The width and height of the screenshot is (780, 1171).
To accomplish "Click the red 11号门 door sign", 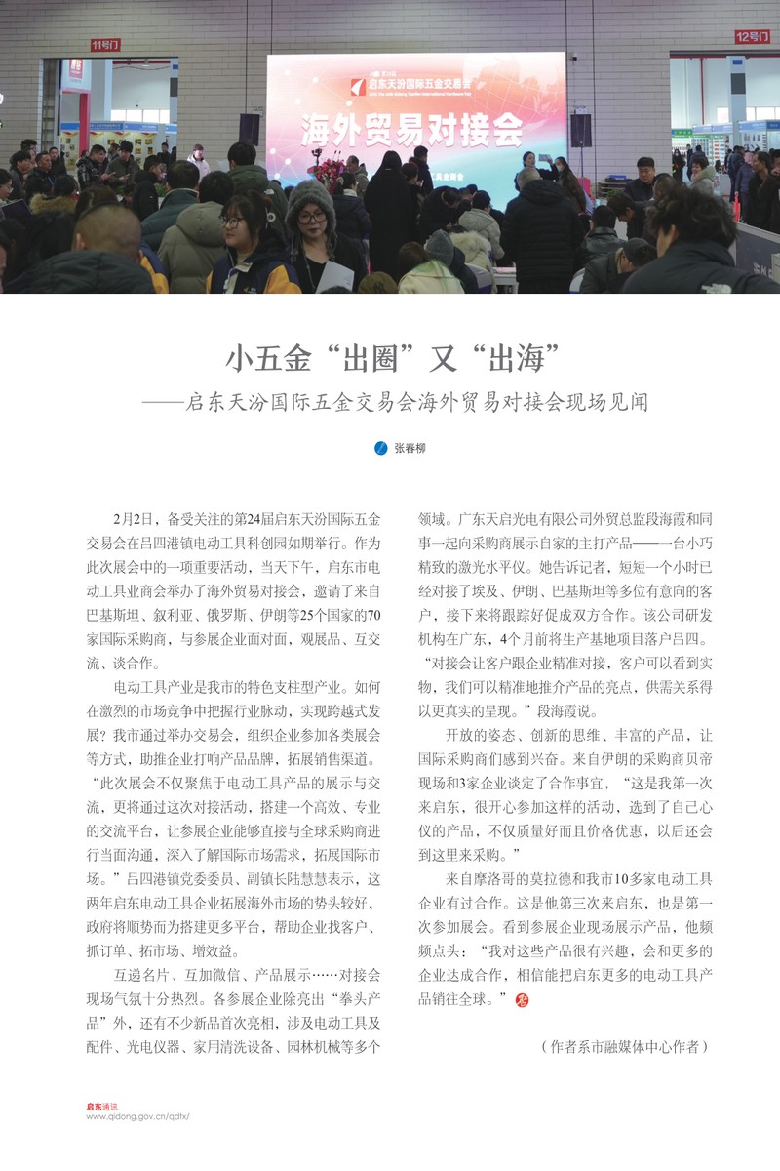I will [105, 45].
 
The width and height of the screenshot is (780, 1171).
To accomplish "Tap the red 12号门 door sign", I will [752, 37].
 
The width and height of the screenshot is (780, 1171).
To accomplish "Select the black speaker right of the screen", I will [581, 129].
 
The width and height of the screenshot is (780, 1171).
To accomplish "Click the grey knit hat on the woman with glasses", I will [310, 194].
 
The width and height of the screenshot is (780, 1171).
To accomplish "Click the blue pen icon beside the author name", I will [381, 448].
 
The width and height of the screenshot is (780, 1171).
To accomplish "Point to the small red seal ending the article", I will [520, 998].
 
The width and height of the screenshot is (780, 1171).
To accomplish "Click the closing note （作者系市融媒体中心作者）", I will [623, 1046].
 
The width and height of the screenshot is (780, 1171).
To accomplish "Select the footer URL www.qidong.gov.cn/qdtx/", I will [136, 1116].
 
